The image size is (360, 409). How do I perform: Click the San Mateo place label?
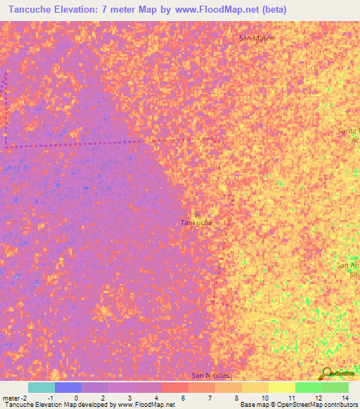tap(256, 38)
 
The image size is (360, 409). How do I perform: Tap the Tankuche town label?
tap(196, 223)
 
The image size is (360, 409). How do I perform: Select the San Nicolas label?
tap(210, 376)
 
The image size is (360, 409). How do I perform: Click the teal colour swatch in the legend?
tap(41, 387)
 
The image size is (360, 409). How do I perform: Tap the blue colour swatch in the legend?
tap(68, 387)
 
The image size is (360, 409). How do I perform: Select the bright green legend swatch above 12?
tap(308, 387)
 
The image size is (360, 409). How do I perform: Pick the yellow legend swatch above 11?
tap(281, 387)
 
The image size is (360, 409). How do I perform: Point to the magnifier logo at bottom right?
tap(327, 373)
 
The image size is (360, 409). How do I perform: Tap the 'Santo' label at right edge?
tap(348, 131)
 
